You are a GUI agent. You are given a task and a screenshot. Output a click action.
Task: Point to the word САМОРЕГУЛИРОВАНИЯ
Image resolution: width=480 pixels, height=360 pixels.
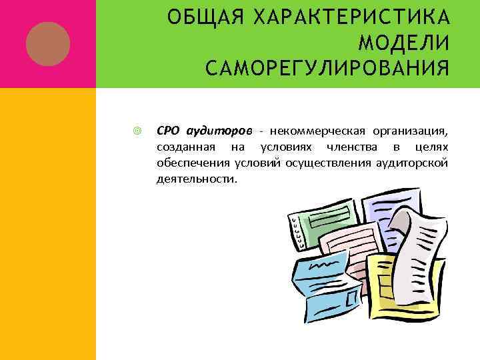[327, 67]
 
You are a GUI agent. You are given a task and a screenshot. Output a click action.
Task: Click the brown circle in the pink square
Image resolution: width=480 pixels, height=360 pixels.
[48, 43]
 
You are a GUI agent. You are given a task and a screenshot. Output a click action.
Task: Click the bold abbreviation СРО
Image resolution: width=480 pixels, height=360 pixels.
[167, 129]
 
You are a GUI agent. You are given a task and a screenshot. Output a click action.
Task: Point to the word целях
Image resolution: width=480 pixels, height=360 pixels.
[431, 146]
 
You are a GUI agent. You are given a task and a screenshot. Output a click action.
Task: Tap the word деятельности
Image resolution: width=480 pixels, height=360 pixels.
[196, 179]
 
